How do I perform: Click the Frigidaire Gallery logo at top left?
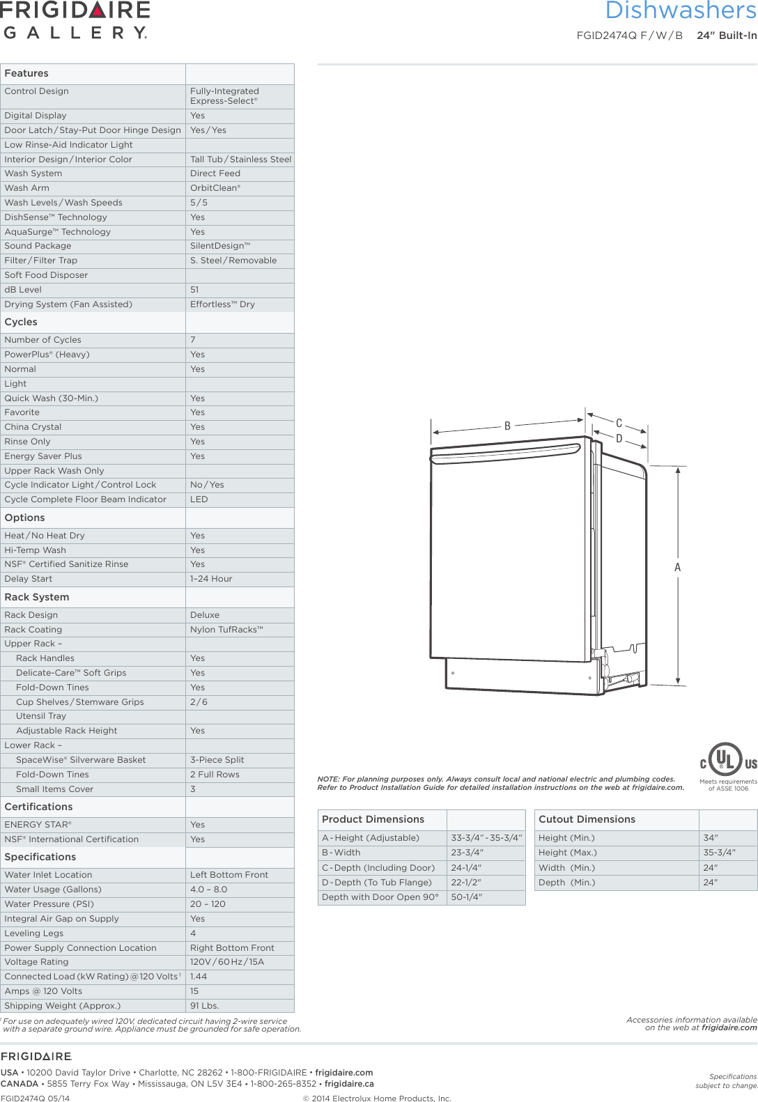(x=75, y=20)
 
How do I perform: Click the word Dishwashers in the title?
(x=680, y=10)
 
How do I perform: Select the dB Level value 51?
(x=194, y=290)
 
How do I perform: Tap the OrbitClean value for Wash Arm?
(x=215, y=188)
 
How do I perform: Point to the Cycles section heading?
(x=21, y=322)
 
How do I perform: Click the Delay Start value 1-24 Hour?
(x=211, y=579)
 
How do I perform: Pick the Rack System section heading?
(x=37, y=597)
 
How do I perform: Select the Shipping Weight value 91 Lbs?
(x=205, y=1005)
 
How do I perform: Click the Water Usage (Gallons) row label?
(x=53, y=890)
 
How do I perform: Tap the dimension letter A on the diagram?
(x=677, y=568)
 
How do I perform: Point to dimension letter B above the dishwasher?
(x=507, y=426)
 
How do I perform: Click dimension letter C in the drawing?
(x=619, y=423)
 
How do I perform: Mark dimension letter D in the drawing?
(x=619, y=439)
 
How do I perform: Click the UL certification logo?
(x=727, y=761)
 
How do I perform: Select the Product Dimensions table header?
(x=373, y=819)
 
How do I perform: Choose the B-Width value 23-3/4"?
(x=467, y=853)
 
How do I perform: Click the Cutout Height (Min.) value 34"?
(x=711, y=838)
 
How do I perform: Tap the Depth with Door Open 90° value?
(x=466, y=897)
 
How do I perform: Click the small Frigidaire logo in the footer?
(x=36, y=1057)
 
